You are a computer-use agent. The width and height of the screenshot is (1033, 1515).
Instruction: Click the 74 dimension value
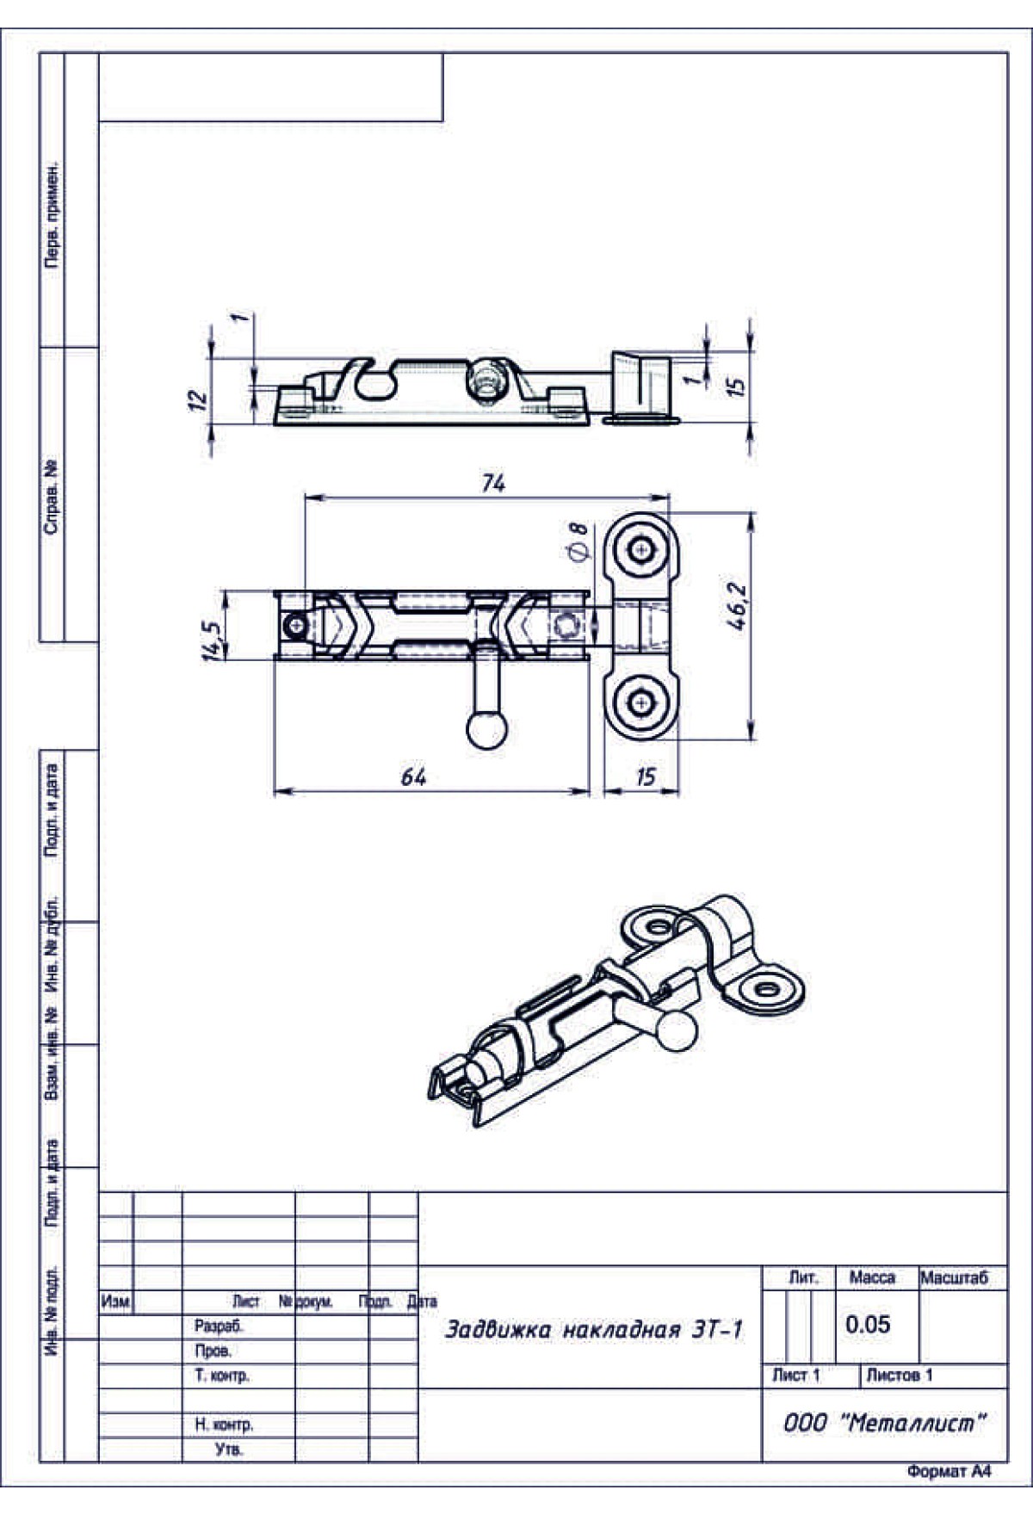pos(493,483)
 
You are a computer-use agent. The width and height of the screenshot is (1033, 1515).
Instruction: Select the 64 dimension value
pos(414,777)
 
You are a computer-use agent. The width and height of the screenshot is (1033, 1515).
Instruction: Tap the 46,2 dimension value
pos(737,607)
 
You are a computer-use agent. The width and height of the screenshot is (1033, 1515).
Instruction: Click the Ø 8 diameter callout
pos(578,541)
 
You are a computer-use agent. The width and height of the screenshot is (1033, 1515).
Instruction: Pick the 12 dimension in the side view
pos(198,399)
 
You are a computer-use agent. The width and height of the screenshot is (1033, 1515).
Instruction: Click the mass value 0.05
pos(868,1324)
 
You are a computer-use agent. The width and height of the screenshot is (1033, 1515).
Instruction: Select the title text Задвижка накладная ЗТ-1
pos(593,1330)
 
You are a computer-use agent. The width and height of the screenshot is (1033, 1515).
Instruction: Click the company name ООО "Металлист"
pos(883,1423)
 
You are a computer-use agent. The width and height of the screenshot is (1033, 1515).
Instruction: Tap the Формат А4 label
pos(949,1471)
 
